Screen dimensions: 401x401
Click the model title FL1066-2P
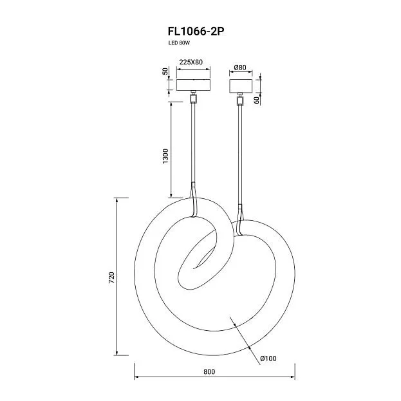click(196, 32)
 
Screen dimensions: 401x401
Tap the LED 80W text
click(179, 43)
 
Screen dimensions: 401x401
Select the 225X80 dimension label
click(191, 62)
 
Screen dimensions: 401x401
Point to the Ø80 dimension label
click(240, 68)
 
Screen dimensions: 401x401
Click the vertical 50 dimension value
click(165, 71)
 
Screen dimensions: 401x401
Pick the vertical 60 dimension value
click(257, 100)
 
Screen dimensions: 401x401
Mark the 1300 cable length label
click(165, 156)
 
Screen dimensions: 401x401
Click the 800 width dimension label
click(209, 371)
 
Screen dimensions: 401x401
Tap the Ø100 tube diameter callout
click(268, 359)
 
